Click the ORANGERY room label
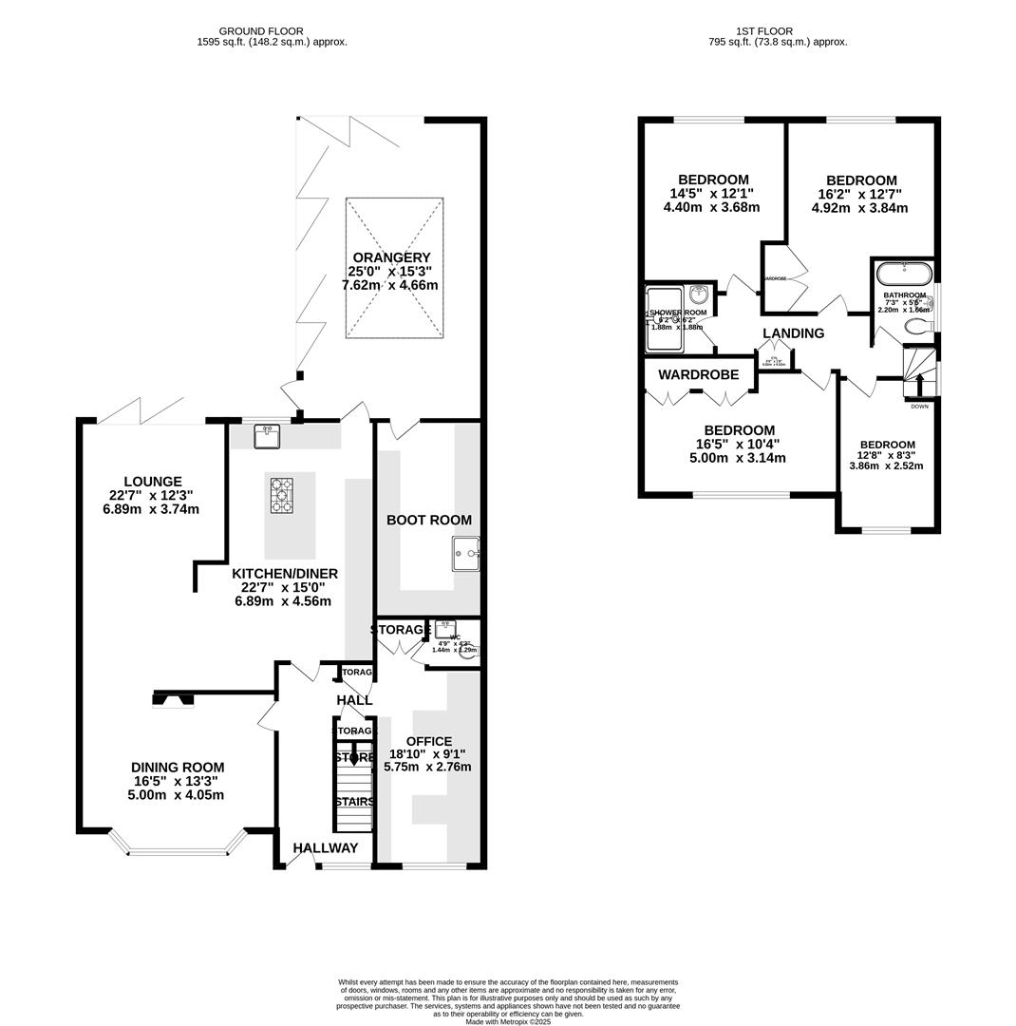(x=391, y=257)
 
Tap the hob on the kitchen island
(x=281, y=496)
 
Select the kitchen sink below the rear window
(x=267, y=436)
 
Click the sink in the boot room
(x=465, y=553)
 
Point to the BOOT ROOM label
(x=428, y=520)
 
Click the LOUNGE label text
(x=152, y=482)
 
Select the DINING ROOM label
(x=178, y=768)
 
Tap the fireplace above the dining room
(x=173, y=700)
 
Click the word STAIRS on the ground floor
(x=353, y=802)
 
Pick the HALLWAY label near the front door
(x=325, y=848)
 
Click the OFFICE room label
(x=429, y=741)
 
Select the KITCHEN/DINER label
(x=284, y=574)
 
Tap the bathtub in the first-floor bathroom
(x=904, y=274)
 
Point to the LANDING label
(x=793, y=333)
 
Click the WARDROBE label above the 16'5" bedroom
(x=698, y=375)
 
